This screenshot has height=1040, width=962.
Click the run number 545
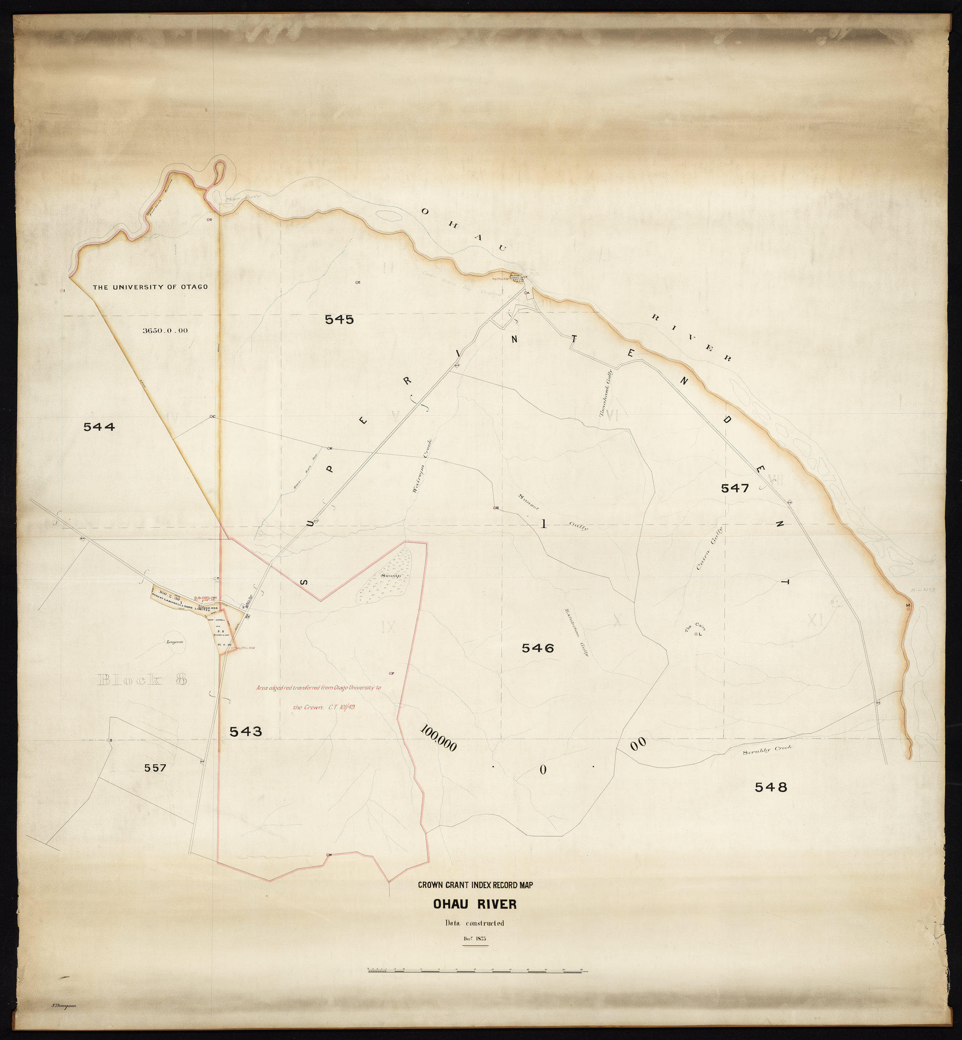pos(339,319)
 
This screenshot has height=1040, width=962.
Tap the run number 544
pos(99,426)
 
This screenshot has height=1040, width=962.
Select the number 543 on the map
pos(246,731)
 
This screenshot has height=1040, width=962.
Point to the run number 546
pos(538,648)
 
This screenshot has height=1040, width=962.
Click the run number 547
pos(734,488)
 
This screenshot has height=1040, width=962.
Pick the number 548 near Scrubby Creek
pos(771,787)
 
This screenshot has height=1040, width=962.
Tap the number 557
pos(155,767)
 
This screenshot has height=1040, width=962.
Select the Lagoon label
pos(176,641)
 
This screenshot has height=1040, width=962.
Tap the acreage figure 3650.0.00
pos(165,330)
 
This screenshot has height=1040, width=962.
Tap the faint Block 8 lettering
pos(141,679)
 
